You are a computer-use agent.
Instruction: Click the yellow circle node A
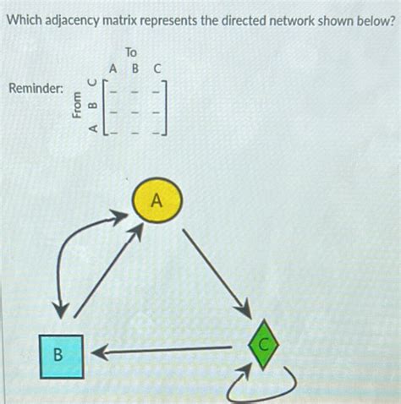pyautogui.click(x=155, y=202)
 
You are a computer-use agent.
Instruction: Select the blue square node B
pyautogui.click(x=59, y=355)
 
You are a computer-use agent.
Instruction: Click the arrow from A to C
pyautogui.click(x=215, y=269)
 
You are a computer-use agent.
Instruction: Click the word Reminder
pyautogui.click(x=34, y=87)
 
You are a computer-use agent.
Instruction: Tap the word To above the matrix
pyautogui.click(x=130, y=52)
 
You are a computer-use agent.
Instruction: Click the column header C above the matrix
pyautogui.click(x=157, y=68)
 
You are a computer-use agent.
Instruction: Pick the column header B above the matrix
pyautogui.click(x=135, y=68)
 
